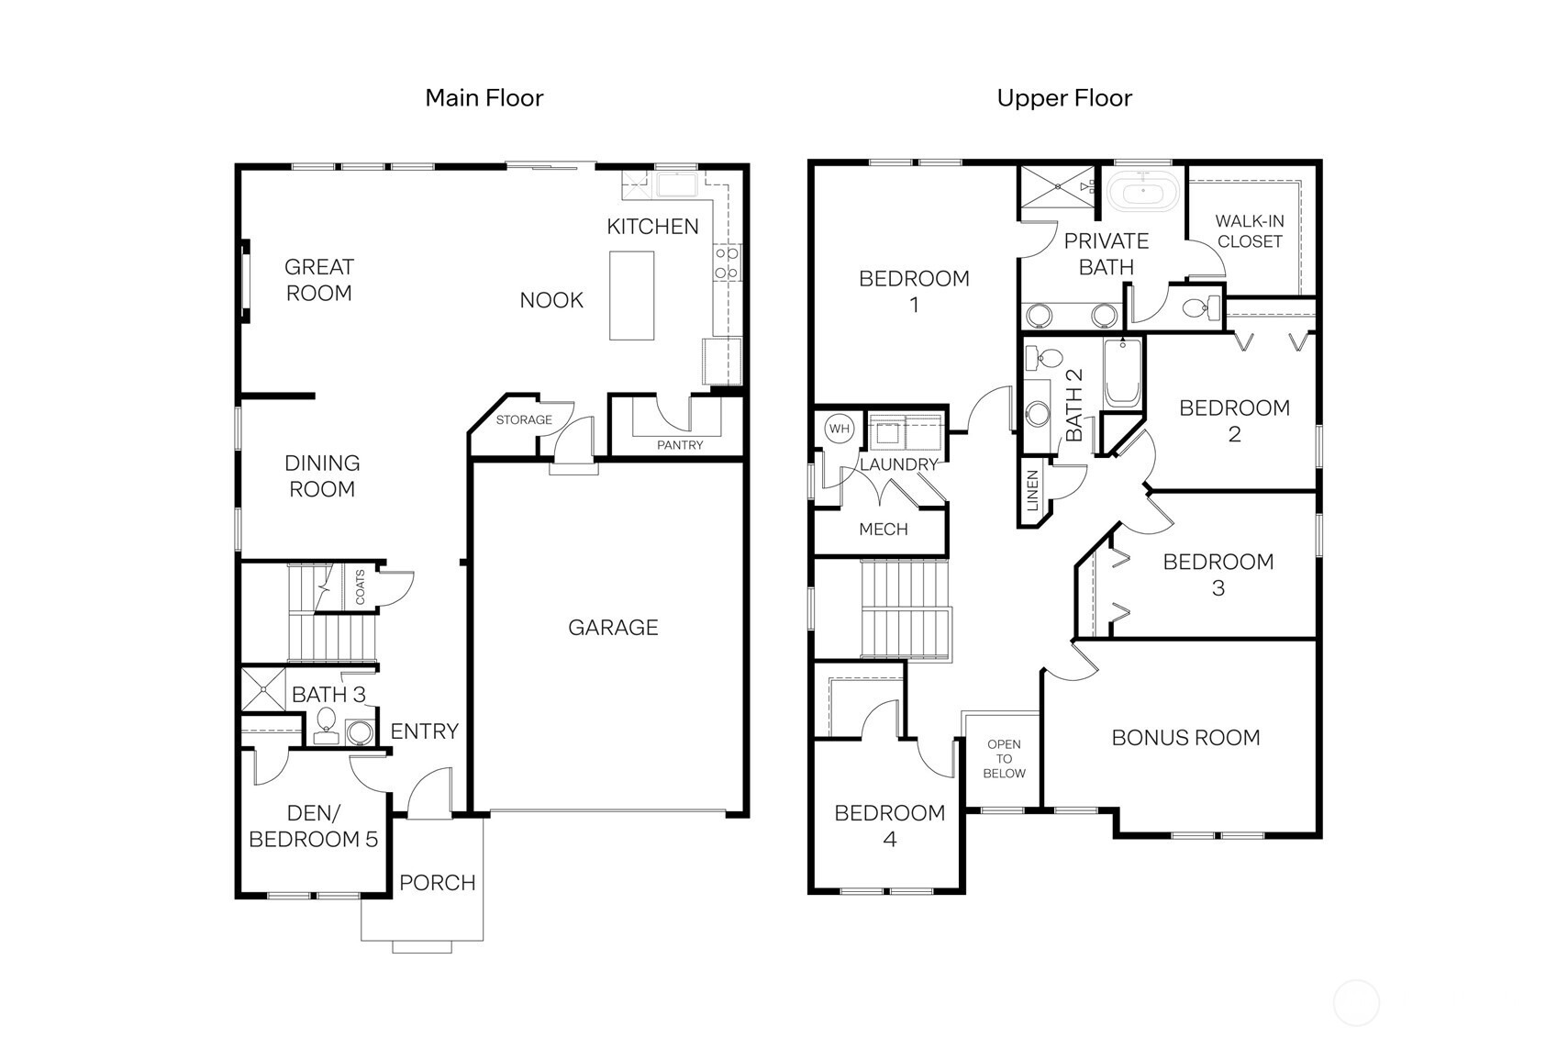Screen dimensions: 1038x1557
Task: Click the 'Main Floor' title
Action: (484, 97)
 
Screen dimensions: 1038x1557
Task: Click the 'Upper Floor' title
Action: (1064, 97)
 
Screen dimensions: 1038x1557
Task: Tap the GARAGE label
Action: (613, 627)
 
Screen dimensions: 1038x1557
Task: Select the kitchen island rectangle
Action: (632, 296)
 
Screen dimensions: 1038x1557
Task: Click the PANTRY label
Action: (680, 445)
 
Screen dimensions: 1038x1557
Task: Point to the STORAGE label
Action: (524, 420)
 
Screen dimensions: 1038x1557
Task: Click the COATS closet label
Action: (360, 586)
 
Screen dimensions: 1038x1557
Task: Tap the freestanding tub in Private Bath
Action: (1142, 194)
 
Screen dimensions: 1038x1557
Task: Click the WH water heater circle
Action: (839, 429)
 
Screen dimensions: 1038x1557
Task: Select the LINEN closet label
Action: (1032, 491)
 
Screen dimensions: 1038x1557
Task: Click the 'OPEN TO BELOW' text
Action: (1004, 759)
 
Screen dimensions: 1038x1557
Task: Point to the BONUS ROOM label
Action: (1185, 737)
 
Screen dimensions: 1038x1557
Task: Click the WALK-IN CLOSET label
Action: (1249, 231)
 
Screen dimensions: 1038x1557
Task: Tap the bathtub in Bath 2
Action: (1123, 374)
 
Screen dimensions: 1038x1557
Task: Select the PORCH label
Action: (437, 883)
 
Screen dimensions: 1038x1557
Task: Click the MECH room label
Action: (883, 529)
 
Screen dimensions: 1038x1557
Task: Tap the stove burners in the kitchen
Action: (727, 262)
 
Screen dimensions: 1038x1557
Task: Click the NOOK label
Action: (551, 300)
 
